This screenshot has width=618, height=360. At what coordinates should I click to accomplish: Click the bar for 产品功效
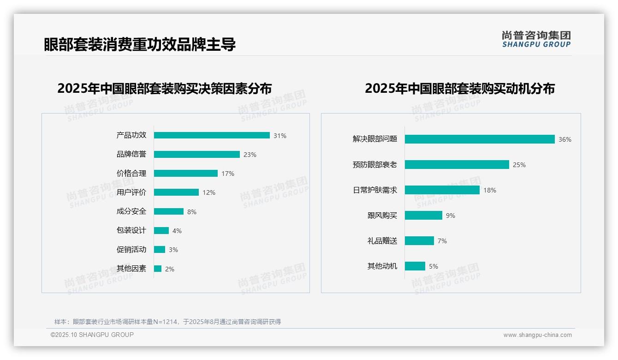click(212, 135)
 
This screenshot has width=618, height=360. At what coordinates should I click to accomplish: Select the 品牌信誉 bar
click(197, 155)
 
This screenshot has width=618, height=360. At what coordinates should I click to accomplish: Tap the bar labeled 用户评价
click(176, 192)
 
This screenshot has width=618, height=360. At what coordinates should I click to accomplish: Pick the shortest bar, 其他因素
click(158, 269)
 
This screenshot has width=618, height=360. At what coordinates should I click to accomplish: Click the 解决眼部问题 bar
click(480, 139)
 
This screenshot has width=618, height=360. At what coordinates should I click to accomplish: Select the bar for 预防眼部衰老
click(457, 165)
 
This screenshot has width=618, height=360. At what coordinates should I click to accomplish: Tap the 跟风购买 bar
click(423, 216)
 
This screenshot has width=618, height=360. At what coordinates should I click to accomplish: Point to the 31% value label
click(280, 136)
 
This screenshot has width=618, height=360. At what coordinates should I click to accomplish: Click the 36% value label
click(565, 139)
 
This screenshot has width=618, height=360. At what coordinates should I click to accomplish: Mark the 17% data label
click(228, 174)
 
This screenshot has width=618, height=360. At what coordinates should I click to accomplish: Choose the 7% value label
click(442, 241)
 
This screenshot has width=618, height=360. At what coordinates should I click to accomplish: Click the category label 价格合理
click(131, 174)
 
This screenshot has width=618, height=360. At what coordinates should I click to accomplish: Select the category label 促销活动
click(131, 250)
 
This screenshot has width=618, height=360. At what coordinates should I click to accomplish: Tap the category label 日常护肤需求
click(375, 190)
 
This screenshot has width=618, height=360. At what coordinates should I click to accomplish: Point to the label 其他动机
click(382, 266)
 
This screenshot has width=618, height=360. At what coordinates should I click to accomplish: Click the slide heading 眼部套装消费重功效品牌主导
click(140, 44)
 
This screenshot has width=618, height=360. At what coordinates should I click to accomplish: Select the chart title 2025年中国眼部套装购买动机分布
click(460, 89)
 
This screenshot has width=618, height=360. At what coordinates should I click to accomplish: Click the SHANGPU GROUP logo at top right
click(536, 39)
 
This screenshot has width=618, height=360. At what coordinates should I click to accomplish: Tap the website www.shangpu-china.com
click(537, 335)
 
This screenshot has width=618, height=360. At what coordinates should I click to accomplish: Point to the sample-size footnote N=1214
click(167, 322)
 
